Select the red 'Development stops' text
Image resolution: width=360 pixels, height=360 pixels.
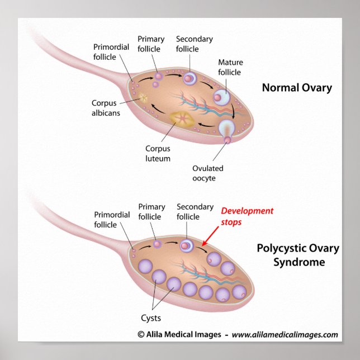247,216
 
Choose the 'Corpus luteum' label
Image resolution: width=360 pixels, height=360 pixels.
158,154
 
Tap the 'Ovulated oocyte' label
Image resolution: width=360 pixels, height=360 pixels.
207,173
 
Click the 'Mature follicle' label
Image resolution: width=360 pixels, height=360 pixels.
230,67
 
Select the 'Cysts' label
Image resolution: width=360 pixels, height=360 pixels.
150,318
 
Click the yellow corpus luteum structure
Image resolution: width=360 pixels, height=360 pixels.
181,119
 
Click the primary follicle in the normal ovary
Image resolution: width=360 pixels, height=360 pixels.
159,75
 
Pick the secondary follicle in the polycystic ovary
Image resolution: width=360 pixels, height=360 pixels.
187,244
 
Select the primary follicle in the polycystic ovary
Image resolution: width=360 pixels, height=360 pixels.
158,244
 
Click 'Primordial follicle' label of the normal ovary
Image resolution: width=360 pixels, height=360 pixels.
112,52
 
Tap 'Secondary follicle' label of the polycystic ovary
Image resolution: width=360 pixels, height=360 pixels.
195,212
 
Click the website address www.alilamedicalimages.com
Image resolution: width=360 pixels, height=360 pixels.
285,335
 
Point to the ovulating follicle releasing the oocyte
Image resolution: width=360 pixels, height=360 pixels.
227,130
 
